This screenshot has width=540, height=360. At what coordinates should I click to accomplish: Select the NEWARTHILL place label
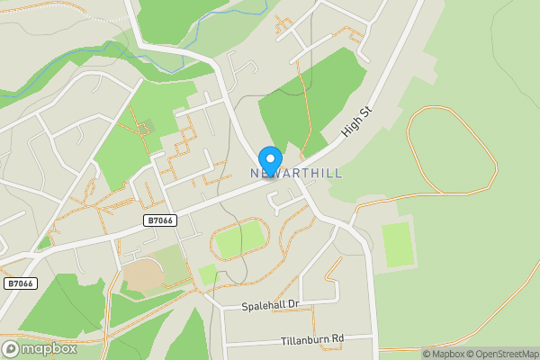(x=296, y=173)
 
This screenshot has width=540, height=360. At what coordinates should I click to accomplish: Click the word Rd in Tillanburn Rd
(x=337, y=338)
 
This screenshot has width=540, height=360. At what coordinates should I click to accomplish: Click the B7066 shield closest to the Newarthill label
(x=158, y=220)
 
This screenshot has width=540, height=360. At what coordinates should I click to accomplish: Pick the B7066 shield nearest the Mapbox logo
(x=20, y=283)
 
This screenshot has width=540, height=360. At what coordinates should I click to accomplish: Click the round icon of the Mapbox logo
(x=12, y=347)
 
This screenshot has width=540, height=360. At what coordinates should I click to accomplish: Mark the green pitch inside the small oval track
(x=240, y=239)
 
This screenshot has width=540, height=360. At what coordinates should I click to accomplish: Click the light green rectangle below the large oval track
(x=397, y=245)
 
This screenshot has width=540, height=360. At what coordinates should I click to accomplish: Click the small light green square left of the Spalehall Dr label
(x=207, y=274)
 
